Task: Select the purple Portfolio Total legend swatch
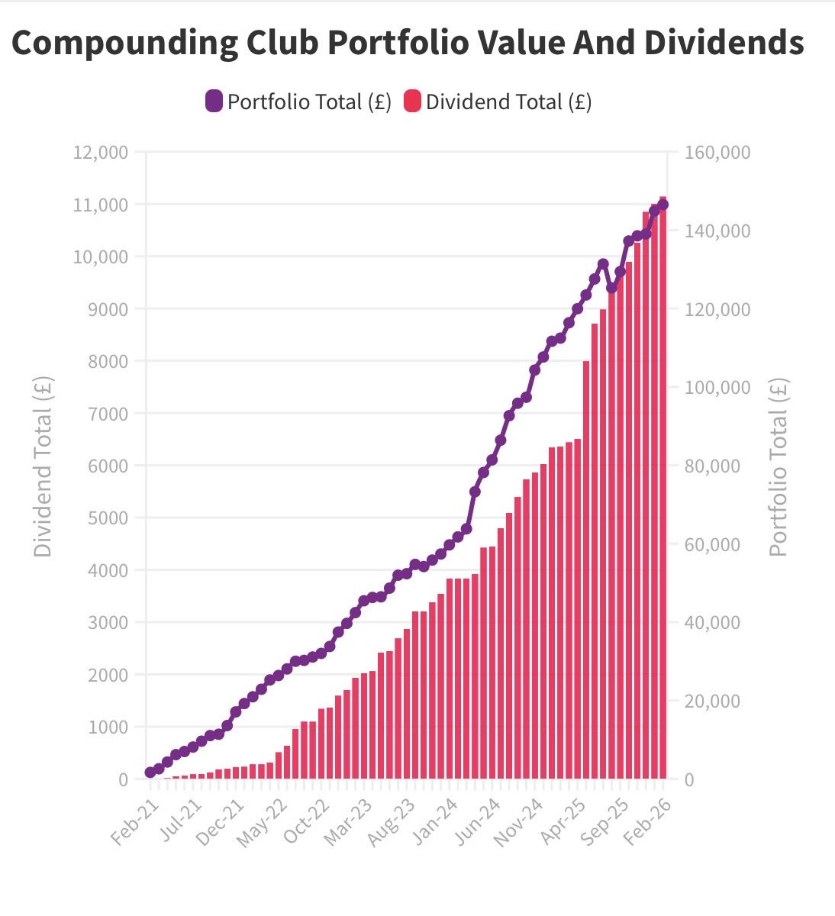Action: (214, 102)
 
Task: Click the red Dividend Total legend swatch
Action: (412, 102)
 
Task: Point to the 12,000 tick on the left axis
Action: (100, 152)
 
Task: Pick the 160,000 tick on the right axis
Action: (717, 153)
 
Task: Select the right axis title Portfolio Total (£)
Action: (778, 467)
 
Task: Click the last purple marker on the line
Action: (663, 204)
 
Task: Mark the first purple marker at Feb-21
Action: (150, 772)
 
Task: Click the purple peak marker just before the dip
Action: (603, 264)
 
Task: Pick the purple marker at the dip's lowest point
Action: (611, 288)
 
